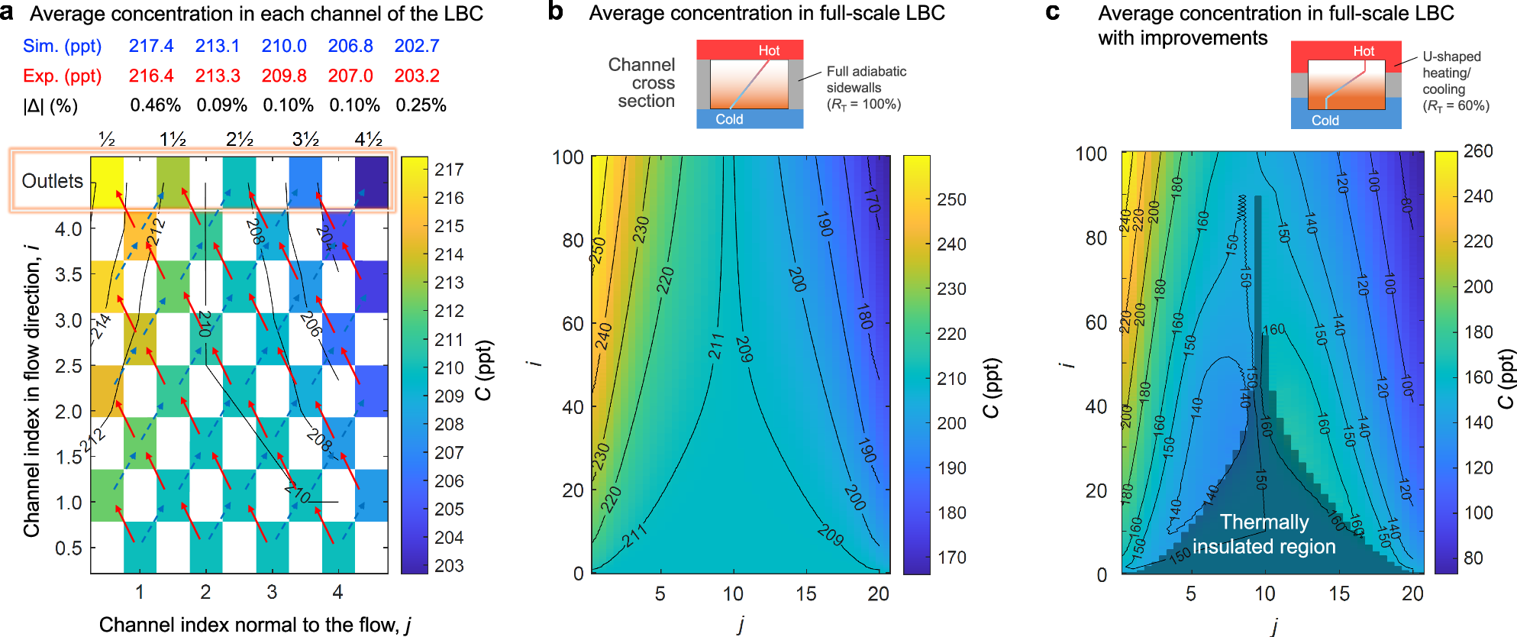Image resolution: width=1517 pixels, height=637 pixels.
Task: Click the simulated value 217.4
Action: (x=151, y=46)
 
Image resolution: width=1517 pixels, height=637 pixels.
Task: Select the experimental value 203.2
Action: (x=416, y=76)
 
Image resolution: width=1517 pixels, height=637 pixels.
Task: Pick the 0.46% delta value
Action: (x=155, y=105)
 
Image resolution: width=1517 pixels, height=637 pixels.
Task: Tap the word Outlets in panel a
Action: (x=52, y=181)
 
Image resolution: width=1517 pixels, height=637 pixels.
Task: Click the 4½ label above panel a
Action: (x=369, y=139)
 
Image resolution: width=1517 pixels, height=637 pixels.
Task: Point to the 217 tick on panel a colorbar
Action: (x=449, y=170)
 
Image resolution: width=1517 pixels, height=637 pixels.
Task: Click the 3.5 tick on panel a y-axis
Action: (x=69, y=275)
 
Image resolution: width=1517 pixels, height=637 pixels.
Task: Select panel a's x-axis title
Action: (x=255, y=625)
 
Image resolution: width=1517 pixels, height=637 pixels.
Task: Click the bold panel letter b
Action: (x=556, y=12)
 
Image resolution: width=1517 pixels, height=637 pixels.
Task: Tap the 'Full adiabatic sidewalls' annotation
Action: (x=866, y=79)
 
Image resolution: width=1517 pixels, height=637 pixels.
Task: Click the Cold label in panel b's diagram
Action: (x=729, y=119)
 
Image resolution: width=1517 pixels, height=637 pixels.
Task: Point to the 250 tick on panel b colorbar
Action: (x=951, y=199)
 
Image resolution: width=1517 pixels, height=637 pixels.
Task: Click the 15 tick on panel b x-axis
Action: (x=805, y=593)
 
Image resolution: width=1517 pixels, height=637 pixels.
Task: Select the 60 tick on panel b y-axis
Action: (x=573, y=324)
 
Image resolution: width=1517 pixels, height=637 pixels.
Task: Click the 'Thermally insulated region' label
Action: (x=1264, y=534)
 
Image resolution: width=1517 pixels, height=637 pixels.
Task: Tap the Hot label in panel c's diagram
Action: (x=1364, y=51)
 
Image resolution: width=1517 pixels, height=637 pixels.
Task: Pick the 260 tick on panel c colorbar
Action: (x=1478, y=151)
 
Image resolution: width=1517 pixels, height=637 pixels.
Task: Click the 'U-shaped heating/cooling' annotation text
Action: (x=1451, y=73)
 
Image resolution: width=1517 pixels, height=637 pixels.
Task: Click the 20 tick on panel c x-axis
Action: (x=1412, y=593)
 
